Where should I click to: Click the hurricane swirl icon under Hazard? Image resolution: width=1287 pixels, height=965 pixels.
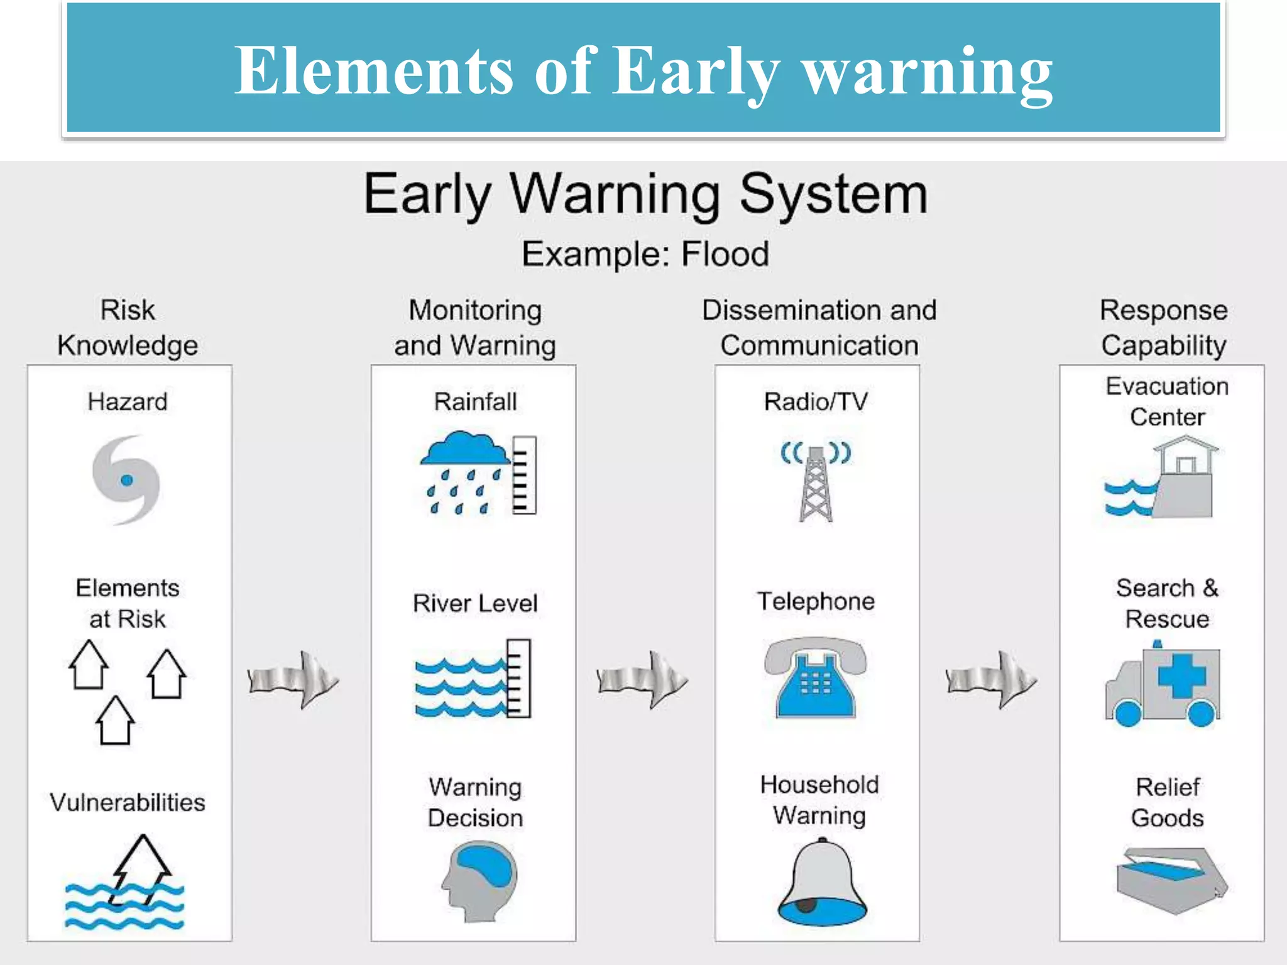pyautogui.click(x=126, y=480)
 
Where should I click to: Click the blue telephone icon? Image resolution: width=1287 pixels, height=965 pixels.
pyautogui.click(x=816, y=679)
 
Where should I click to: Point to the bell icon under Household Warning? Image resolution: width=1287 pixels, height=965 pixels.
pyautogui.click(x=822, y=883)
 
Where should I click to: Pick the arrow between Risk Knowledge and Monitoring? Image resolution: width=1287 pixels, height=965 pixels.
pyautogui.click(x=293, y=680)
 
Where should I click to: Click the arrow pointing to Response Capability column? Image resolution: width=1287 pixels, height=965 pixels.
pyautogui.click(x=991, y=680)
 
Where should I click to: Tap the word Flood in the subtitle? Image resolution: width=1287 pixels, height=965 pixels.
pyautogui.click(x=725, y=254)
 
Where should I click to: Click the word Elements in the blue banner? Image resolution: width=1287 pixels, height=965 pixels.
pyautogui.click(x=375, y=70)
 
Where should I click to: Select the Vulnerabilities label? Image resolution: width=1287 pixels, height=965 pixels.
pyautogui.click(x=128, y=802)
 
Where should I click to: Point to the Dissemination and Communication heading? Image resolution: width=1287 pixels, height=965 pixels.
pyautogui.click(x=819, y=328)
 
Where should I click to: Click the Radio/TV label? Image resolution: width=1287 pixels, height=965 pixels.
pyautogui.click(x=816, y=402)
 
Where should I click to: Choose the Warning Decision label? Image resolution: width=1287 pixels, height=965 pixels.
pyautogui.click(x=475, y=802)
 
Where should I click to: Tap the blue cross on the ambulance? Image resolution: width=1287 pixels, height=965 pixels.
pyautogui.click(x=1181, y=675)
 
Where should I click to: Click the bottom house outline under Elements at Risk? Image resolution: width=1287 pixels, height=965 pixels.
pyautogui.click(x=115, y=721)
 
